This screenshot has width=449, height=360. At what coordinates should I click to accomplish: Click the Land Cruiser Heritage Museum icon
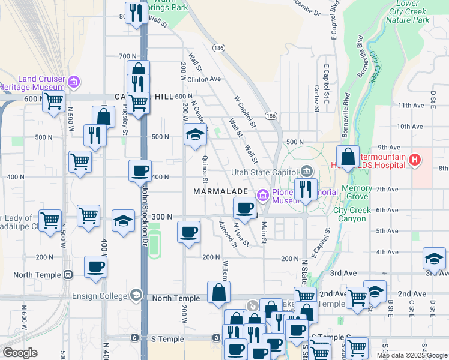point(74,82)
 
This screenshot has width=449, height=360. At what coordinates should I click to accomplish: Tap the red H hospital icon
point(414,160)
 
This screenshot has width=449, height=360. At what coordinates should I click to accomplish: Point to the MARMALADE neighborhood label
point(221,191)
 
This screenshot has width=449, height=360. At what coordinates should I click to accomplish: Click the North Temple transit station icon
point(68,275)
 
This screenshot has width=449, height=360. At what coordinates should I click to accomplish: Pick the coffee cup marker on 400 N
point(140,171)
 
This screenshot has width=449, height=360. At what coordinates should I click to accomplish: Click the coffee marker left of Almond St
point(189,232)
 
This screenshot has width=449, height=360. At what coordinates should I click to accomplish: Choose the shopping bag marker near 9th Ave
point(348,157)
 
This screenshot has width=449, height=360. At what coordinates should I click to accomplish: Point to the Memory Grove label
point(357,193)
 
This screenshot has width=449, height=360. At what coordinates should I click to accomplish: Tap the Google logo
point(19,353)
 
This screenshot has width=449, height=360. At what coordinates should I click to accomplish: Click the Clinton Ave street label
point(204,79)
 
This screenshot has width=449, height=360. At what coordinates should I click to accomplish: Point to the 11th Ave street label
point(410,106)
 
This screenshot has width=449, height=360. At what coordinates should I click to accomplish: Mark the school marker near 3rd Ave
point(433,259)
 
